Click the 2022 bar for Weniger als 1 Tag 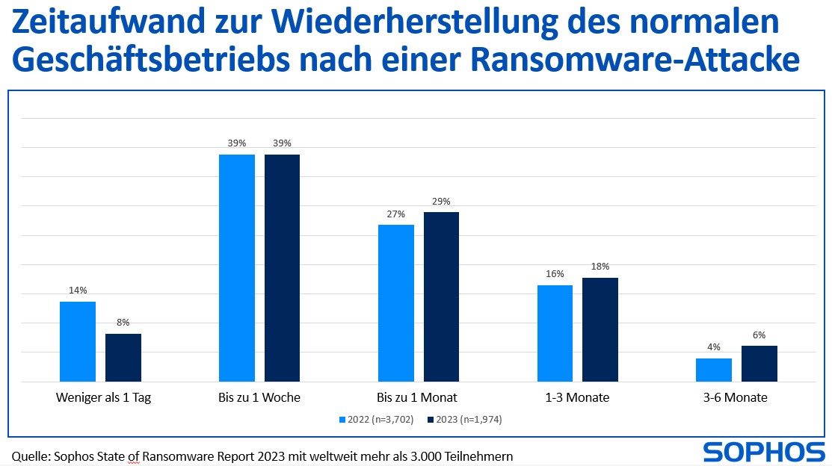coord(78,341)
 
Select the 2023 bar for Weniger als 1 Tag coord(123,358)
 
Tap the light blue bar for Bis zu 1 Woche coord(237,268)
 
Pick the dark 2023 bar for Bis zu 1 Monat coord(441,296)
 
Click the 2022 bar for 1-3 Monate coord(555,333)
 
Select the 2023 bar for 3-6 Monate coord(759,364)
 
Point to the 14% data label coord(78,290)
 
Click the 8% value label coord(123,322)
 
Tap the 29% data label coord(441,201)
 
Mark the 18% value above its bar coord(600,266)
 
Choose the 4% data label coord(714,347)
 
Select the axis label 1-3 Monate coord(577,397)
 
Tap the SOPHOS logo coord(763,452)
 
